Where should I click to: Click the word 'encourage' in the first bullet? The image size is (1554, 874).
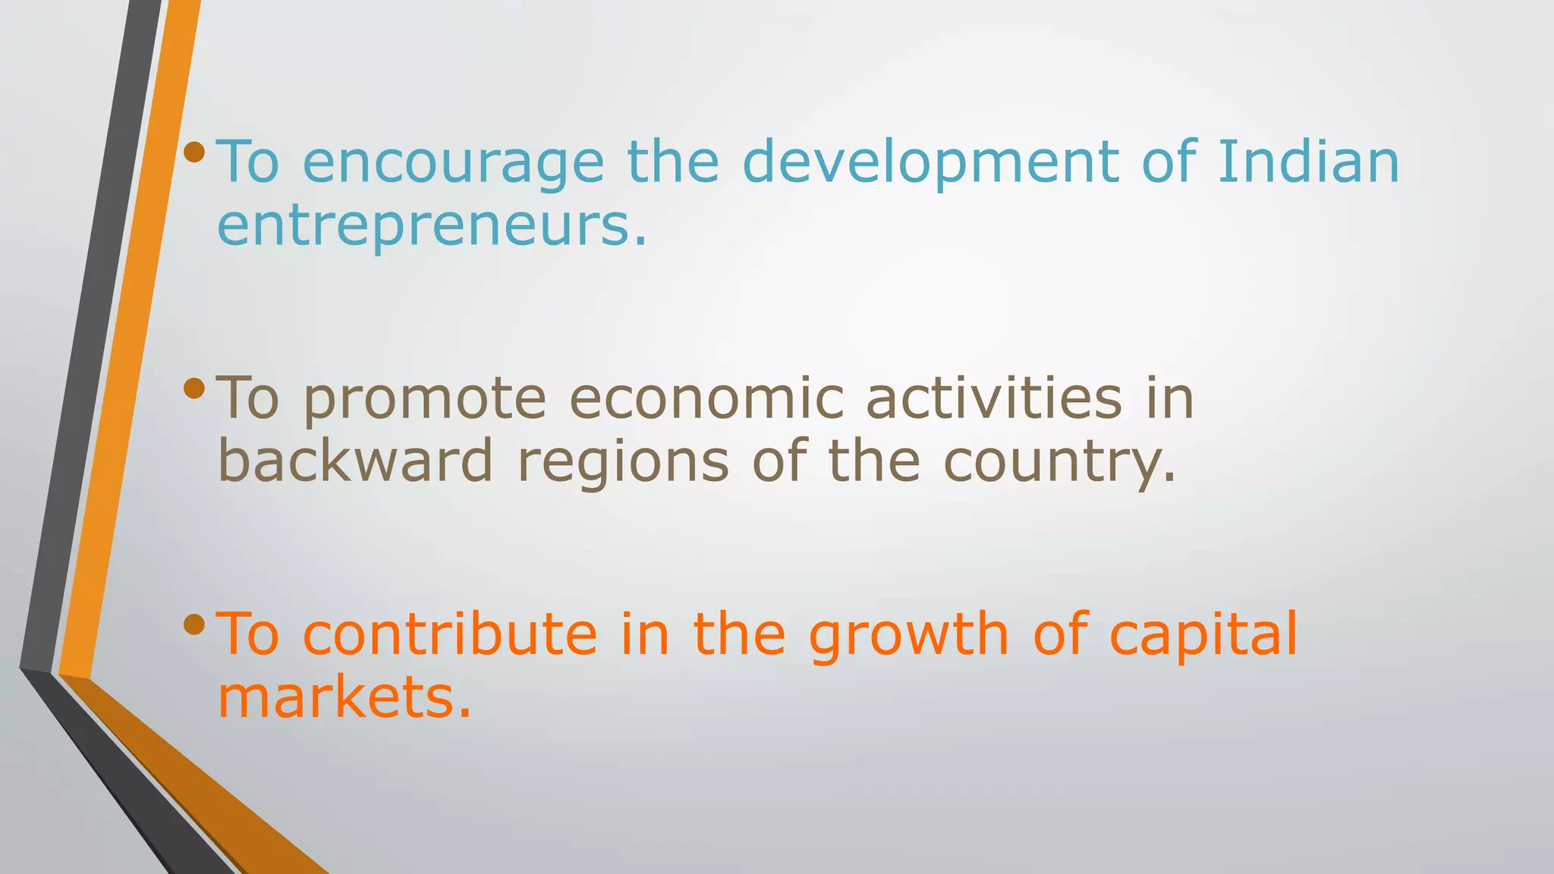coord(453,164)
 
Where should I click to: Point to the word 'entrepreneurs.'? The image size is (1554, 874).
coord(433,226)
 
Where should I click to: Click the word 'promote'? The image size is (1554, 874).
coord(424,401)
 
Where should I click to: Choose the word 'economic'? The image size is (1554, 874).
coord(706,399)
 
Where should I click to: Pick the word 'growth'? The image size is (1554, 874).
coord(908,636)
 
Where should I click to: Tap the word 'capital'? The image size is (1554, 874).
coord(1203,636)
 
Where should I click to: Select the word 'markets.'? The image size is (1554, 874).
coord(344,697)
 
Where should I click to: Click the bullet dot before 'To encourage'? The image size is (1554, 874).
coord(194,152)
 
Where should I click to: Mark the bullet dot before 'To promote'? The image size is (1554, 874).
coord(194,388)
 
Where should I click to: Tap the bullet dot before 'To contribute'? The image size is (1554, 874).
coord(194,624)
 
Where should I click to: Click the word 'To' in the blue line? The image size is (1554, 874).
coord(248,162)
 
